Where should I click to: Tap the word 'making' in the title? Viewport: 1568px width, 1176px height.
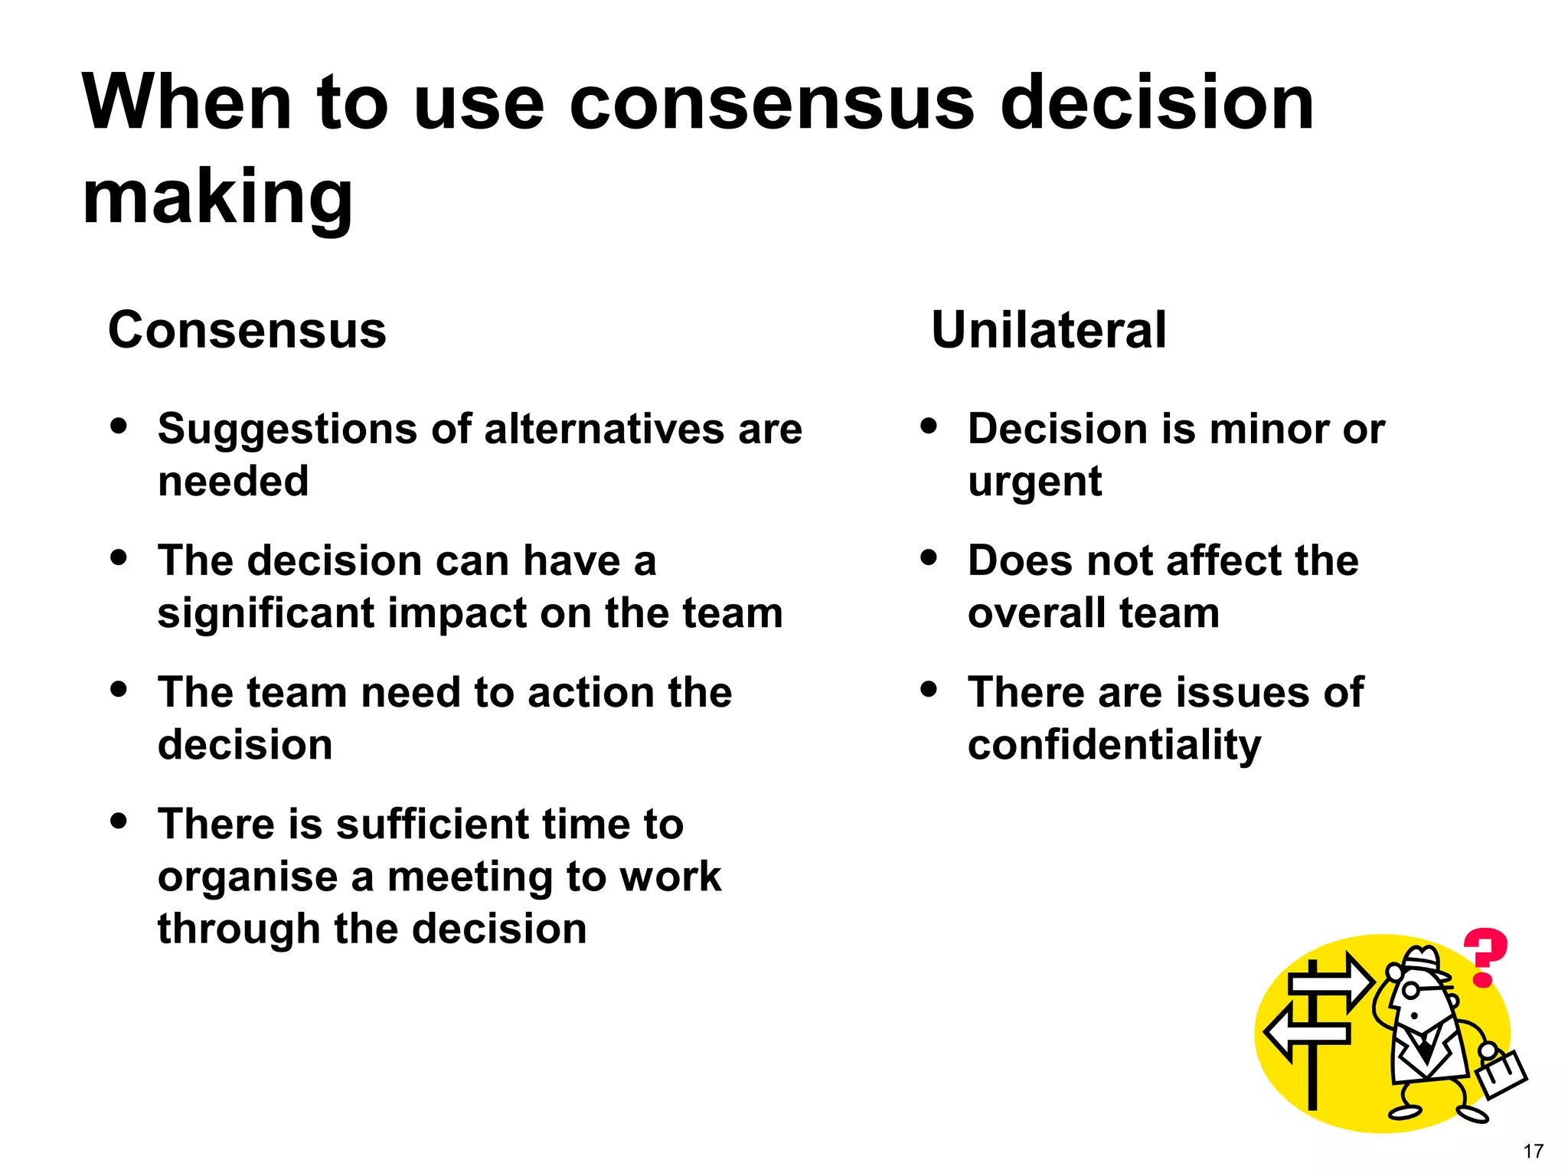(217, 198)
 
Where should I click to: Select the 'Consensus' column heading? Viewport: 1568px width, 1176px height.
(247, 330)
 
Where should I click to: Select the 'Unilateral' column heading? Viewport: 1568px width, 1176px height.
(1049, 330)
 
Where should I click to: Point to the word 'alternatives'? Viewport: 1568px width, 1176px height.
(605, 428)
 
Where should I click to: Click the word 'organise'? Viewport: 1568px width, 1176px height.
(247, 877)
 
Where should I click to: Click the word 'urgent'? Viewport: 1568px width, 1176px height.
(1034, 482)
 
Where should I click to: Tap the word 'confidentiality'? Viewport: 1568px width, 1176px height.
(1114, 745)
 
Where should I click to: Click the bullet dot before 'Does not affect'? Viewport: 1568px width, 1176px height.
(929, 557)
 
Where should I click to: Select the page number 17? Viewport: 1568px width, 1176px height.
(1533, 1151)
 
